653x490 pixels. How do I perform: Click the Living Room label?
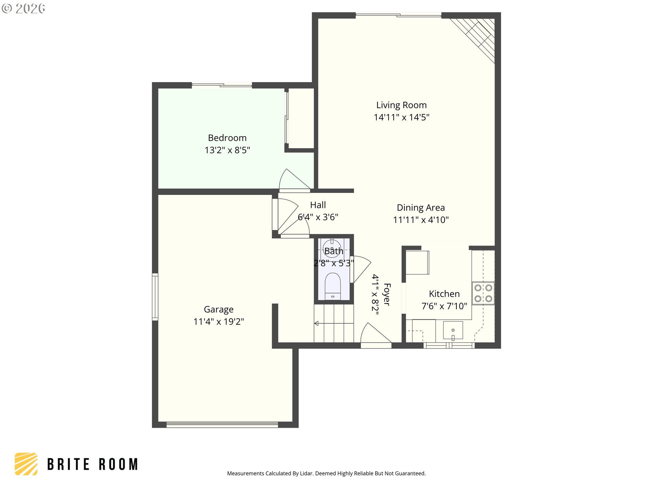[x=401, y=105]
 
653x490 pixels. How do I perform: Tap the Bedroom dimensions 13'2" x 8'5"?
[x=227, y=150]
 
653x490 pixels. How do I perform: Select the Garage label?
[x=219, y=309]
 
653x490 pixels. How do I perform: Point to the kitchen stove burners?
[x=483, y=293]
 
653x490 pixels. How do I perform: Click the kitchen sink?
[x=453, y=330]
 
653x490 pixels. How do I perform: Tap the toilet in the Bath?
[x=333, y=286]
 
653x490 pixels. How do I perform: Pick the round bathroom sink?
[x=332, y=247]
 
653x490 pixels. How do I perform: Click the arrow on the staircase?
[x=334, y=323]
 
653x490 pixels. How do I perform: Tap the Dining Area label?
[x=421, y=208]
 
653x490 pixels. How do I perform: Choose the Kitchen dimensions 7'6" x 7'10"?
[x=444, y=306]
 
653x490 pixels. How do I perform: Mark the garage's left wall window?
[x=155, y=297]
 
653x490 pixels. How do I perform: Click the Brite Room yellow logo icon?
[x=26, y=464]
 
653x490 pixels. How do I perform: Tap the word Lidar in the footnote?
[x=307, y=473]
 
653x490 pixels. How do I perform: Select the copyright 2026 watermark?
[x=23, y=9]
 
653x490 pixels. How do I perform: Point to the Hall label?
[x=318, y=205]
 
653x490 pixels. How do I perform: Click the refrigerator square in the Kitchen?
[x=417, y=262]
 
